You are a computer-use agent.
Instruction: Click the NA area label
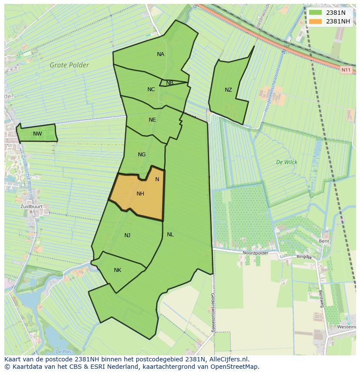(x=160, y=54)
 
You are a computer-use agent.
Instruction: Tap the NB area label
(x=170, y=83)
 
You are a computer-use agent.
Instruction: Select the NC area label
(x=151, y=89)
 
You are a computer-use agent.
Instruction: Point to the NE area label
(x=152, y=120)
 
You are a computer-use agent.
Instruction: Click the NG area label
(x=141, y=155)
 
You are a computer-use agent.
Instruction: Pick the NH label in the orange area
(x=140, y=194)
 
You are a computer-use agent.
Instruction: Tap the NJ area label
(x=127, y=235)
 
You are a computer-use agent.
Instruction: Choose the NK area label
(x=117, y=270)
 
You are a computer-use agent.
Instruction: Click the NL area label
(x=170, y=235)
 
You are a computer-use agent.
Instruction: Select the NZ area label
(x=228, y=90)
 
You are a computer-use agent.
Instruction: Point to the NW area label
(x=37, y=134)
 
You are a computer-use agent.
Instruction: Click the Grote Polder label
(x=69, y=66)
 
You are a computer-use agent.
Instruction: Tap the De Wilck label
(x=287, y=162)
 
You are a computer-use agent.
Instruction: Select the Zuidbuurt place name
(x=32, y=207)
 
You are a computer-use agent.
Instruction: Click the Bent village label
(x=323, y=241)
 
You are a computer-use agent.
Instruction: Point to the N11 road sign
(x=346, y=70)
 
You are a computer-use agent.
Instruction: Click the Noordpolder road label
(x=255, y=253)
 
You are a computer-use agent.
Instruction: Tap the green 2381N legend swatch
(x=316, y=13)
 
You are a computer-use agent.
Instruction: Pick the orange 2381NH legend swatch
(x=316, y=21)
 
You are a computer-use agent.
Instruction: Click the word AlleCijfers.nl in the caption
(x=228, y=359)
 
